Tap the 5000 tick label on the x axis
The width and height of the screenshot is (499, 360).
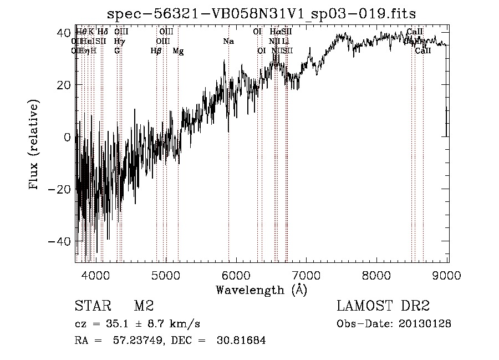pos(166,275)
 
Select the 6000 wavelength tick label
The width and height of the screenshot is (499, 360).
pos(237,275)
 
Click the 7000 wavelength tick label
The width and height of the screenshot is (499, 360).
pos(307,275)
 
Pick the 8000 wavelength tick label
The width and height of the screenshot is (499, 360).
pos(378,275)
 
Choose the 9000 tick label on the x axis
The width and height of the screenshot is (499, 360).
pos(447,275)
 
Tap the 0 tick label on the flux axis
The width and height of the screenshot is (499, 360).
pos(67,137)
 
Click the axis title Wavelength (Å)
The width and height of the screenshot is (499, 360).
pos(261,290)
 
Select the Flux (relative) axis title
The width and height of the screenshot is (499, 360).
pos(34,145)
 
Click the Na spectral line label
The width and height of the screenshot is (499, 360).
pos(228,41)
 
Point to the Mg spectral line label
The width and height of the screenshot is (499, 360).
pos(178,51)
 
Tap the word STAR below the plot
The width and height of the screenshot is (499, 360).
pos(92,306)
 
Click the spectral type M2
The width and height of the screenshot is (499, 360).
pos(143,306)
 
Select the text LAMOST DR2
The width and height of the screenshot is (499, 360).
pos(383,306)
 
